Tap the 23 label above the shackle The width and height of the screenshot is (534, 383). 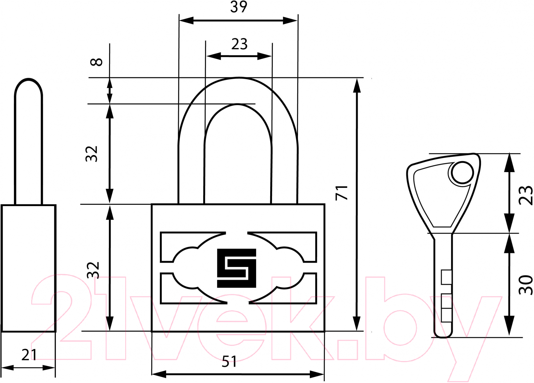pyautogui.click(x=239, y=44)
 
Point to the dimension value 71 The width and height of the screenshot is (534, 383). pyautogui.click(x=342, y=193)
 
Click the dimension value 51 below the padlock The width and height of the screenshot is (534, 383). pyautogui.click(x=229, y=362)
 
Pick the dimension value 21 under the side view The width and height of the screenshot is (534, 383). pyautogui.click(x=29, y=355)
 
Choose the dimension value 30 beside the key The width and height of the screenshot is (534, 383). pyautogui.click(x=525, y=285)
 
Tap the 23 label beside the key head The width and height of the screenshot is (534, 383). pyautogui.click(x=525, y=195)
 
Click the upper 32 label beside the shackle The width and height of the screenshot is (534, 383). pyautogui.click(x=92, y=154)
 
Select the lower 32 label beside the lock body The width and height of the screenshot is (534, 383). pyautogui.click(x=93, y=270)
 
